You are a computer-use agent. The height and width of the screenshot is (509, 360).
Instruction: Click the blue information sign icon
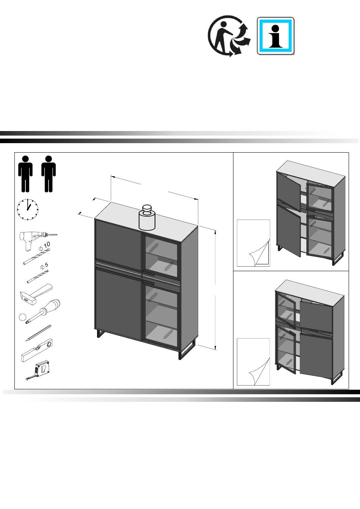(x=275, y=36)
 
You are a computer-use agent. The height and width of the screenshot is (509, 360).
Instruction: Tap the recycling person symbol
(x=229, y=36)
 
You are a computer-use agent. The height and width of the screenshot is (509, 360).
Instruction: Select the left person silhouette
(x=25, y=174)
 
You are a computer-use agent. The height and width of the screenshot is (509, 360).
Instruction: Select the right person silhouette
(x=49, y=174)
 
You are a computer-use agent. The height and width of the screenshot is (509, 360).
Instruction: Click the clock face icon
(x=28, y=209)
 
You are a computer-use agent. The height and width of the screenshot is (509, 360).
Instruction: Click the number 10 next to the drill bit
(x=47, y=245)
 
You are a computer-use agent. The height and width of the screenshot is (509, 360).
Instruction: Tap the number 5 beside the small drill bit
(x=46, y=265)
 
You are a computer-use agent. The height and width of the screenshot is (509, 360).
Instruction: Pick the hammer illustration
(x=36, y=294)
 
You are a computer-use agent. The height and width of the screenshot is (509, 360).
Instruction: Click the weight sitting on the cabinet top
(x=147, y=217)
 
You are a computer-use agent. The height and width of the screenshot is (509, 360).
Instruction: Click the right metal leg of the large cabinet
(x=187, y=353)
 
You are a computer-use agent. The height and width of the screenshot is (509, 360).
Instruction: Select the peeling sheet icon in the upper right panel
(x=254, y=243)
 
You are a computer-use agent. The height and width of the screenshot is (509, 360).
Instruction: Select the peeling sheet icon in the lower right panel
(x=254, y=362)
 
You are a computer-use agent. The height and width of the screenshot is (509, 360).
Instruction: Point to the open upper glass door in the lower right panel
(x=286, y=310)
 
